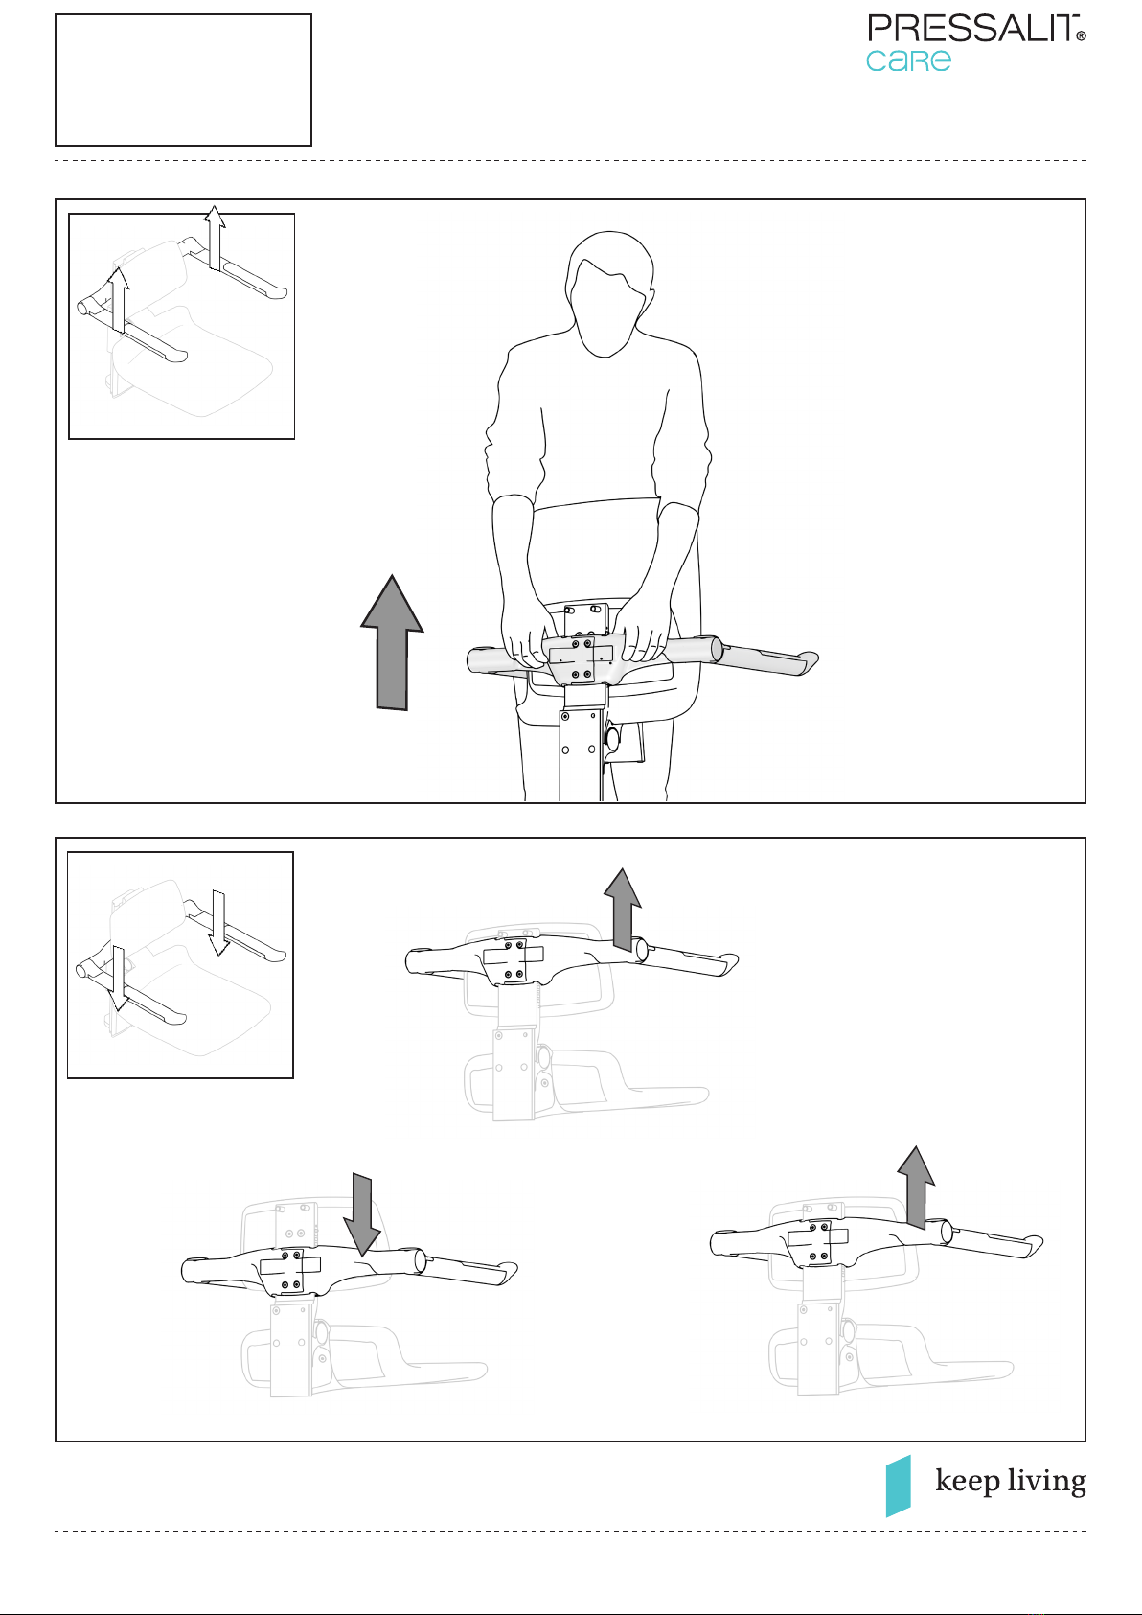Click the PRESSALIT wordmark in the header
[x=972, y=29]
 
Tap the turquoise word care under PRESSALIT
[x=908, y=60]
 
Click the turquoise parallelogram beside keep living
[x=899, y=1486]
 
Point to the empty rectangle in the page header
[x=184, y=80]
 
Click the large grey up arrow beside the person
[x=392, y=642]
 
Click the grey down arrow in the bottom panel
[x=362, y=1215]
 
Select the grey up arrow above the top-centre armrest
[x=623, y=910]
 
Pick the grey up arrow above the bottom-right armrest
[x=916, y=1188]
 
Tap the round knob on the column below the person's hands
[x=612, y=738]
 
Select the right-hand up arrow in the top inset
[x=215, y=238]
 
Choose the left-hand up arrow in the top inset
[x=118, y=299]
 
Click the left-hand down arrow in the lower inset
[x=118, y=979]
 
